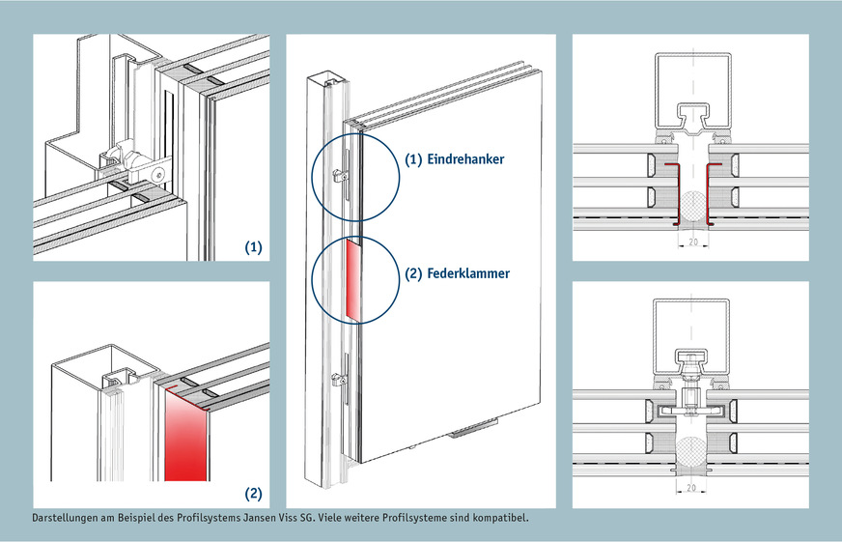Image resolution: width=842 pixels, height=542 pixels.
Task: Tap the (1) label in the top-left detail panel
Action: pos(253,247)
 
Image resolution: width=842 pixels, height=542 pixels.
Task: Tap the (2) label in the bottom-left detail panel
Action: pos(253,494)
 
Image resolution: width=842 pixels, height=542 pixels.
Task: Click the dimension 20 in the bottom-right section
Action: pos(692,489)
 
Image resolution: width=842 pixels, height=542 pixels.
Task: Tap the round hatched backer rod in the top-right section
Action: pos(692,208)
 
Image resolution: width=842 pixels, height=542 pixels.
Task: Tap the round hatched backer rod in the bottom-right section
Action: pos(692,453)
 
